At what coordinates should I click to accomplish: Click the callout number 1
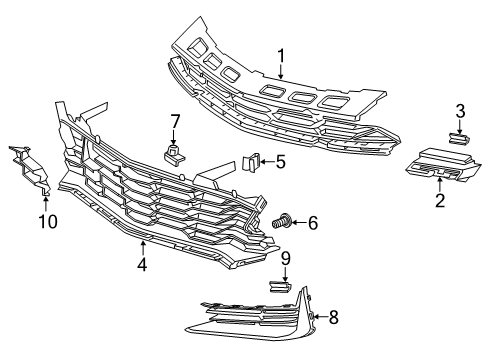click(282, 58)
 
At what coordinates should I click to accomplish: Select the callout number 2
click(439, 200)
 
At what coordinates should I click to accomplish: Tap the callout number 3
click(460, 110)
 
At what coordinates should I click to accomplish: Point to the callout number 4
click(143, 265)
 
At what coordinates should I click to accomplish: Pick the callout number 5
click(281, 160)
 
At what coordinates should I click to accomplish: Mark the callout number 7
click(174, 121)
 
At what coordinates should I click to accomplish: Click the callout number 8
click(334, 318)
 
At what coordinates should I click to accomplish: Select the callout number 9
click(285, 258)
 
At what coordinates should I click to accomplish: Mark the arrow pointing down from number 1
click(282, 74)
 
